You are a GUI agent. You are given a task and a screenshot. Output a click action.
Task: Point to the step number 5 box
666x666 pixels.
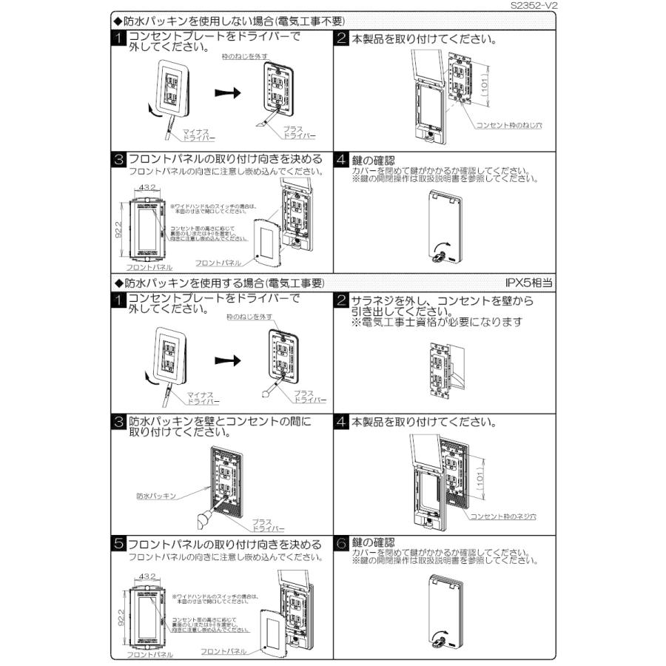click(x=119, y=544)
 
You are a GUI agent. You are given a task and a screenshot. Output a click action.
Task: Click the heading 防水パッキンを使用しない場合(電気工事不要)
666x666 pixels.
click(x=229, y=22)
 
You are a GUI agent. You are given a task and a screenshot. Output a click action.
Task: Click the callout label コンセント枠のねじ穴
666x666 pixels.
click(x=508, y=126)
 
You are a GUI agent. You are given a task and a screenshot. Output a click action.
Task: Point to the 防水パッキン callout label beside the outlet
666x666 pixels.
click(x=156, y=496)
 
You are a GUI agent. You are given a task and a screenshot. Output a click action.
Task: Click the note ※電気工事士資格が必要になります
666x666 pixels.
click(x=437, y=322)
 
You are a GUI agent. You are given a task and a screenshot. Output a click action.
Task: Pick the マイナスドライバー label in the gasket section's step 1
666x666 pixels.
click(x=202, y=397)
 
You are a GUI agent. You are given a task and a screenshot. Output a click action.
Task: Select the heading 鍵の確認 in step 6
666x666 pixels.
click(x=369, y=542)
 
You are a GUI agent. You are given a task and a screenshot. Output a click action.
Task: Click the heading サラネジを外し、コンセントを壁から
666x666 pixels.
click(x=442, y=300)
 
